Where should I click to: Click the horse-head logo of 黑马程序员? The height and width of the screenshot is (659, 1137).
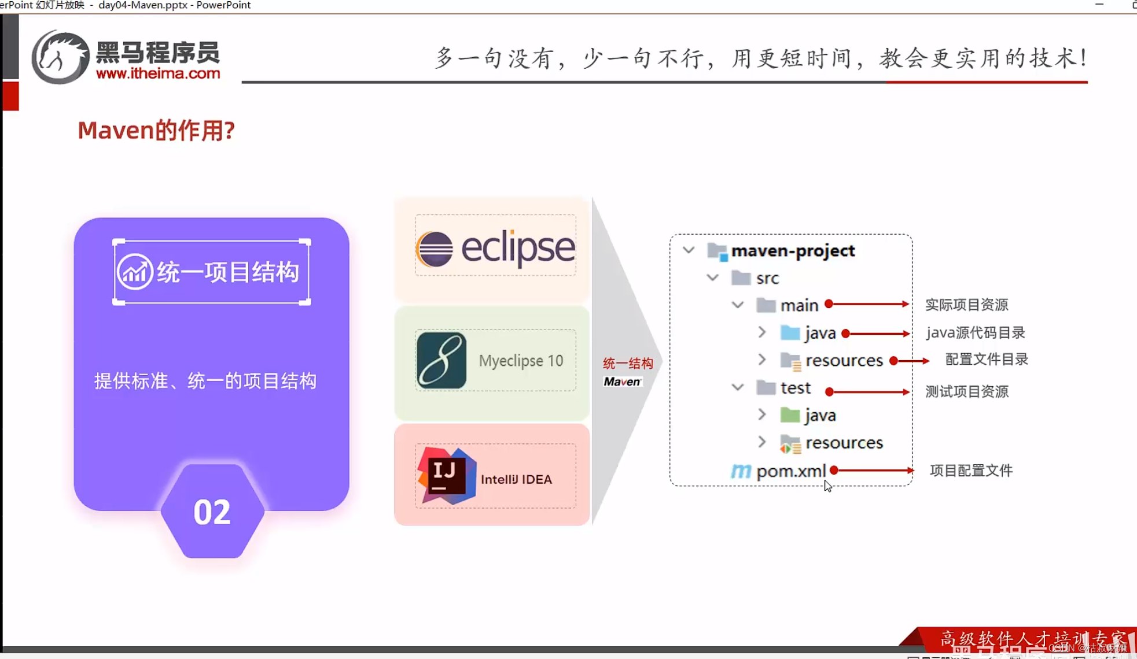coord(60,57)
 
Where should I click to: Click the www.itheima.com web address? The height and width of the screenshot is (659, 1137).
coord(158,73)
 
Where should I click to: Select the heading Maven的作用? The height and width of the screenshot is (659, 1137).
coord(156,131)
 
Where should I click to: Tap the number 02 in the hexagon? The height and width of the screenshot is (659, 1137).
coord(212,512)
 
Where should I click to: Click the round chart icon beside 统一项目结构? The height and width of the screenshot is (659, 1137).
coord(135,272)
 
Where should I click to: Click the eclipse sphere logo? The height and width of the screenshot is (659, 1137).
coord(434,249)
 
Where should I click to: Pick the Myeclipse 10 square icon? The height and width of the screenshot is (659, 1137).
coord(441,360)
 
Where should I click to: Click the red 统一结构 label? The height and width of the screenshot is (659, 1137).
coord(628,364)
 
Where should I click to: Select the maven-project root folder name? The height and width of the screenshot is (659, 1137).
coord(793,251)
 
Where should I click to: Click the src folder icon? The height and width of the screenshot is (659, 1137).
coord(741,278)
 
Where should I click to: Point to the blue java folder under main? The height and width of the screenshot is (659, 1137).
coord(790,333)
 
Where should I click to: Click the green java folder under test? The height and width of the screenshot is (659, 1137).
coord(790,415)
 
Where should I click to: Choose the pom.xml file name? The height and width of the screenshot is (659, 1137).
coord(790,471)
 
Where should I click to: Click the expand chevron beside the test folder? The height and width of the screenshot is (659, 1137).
coord(738,387)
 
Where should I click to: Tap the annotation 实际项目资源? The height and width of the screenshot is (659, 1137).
coord(966,305)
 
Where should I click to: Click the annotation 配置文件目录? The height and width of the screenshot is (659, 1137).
coord(987,360)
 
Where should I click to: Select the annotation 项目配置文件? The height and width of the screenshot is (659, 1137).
coord(971,471)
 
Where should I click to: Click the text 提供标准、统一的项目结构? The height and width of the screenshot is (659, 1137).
coord(205,382)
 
